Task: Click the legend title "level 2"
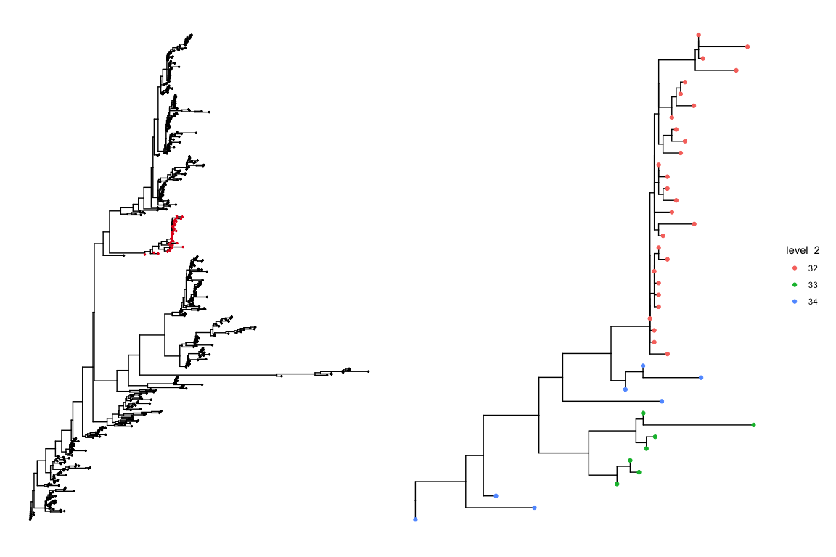point(803,250)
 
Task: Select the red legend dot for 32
point(795,268)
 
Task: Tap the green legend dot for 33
point(795,284)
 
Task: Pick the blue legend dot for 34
point(795,301)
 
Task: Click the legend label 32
point(813,268)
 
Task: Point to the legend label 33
point(813,284)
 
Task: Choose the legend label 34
point(813,301)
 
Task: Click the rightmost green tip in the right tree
point(754,425)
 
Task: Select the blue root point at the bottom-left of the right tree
point(415,520)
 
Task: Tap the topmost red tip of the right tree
point(698,35)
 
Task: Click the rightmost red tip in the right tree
point(747,46)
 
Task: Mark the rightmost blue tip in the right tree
point(701,378)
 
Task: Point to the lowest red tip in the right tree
point(667,354)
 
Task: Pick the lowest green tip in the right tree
point(616,484)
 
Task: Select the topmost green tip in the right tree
point(643,413)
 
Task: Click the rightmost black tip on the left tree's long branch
point(368,371)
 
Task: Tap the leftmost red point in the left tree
point(145,254)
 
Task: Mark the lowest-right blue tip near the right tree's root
point(534,508)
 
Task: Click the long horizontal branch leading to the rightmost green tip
point(697,425)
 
